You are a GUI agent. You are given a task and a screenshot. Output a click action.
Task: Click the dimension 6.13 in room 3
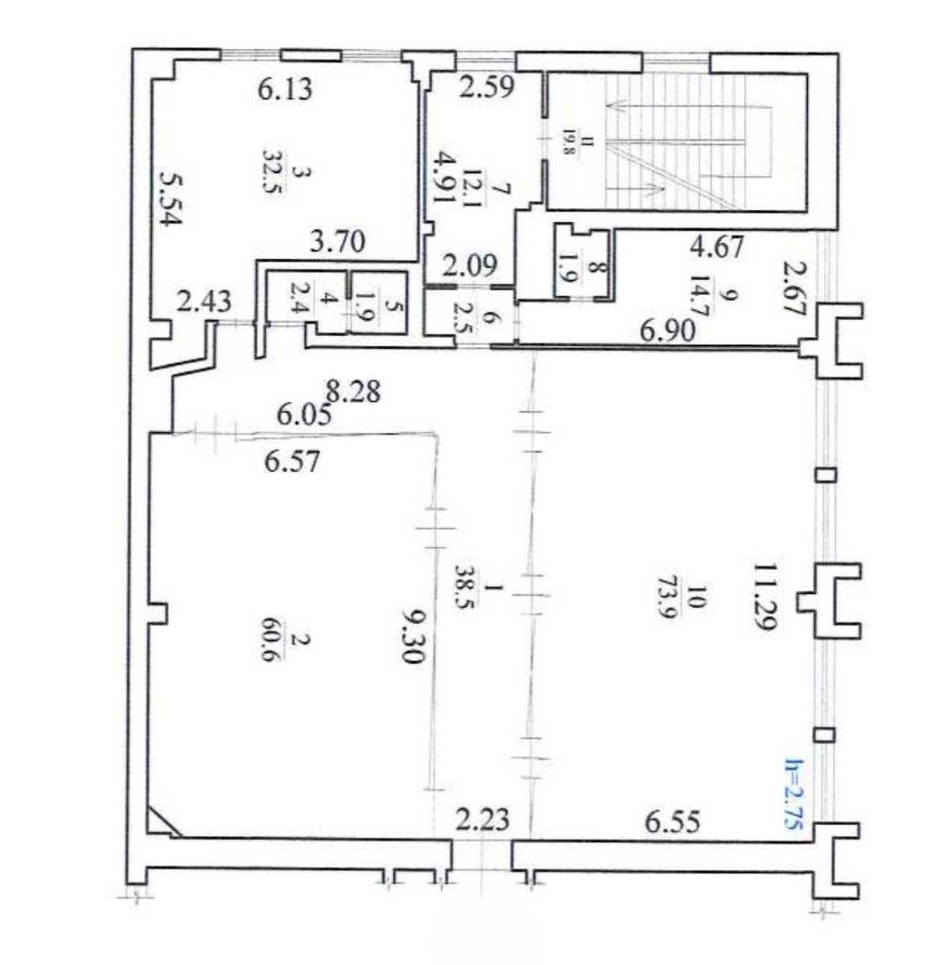(x=286, y=90)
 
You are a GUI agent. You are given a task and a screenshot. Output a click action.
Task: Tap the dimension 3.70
(x=336, y=244)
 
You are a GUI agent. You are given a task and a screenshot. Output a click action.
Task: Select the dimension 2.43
(x=205, y=302)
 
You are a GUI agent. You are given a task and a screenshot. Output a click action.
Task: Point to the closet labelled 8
(x=583, y=264)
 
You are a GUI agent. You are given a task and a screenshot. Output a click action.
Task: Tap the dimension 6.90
(x=669, y=331)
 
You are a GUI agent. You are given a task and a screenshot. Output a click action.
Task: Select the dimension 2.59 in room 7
(x=487, y=87)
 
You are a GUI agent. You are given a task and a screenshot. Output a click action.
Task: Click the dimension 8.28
(x=353, y=392)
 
